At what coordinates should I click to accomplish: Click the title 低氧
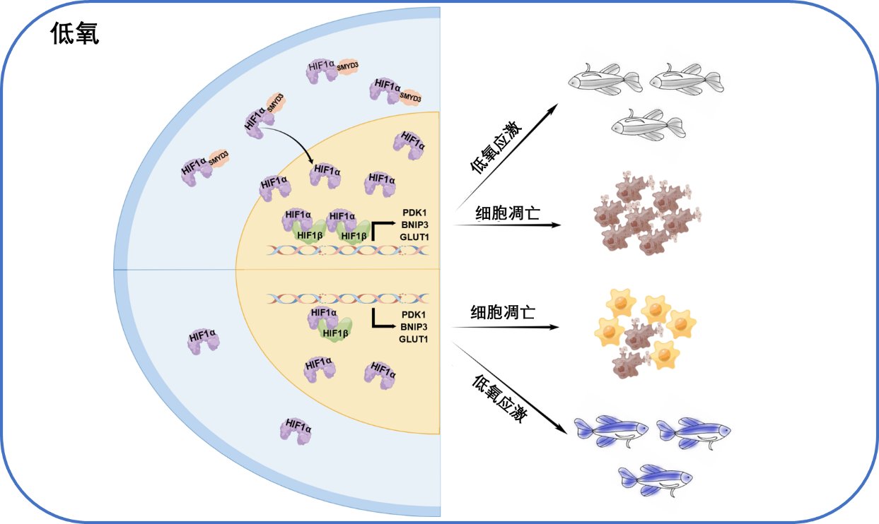[x=75, y=33]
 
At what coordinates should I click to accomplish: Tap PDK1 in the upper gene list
[x=414, y=213]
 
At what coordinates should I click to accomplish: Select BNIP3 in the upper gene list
[x=415, y=225]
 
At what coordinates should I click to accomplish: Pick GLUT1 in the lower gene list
[x=413, y=339]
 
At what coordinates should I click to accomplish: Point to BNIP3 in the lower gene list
[x=414, y=327]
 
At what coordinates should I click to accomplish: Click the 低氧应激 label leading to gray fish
[x=496, y=147]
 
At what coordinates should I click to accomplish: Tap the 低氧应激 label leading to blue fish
[x=499, y=398]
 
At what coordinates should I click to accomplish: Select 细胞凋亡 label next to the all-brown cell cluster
[x=508, y=213]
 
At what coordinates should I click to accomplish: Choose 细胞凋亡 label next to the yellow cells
[x=503, y=312]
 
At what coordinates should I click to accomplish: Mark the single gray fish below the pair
[x=648, y=124]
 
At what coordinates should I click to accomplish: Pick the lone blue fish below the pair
[x=656, y=480]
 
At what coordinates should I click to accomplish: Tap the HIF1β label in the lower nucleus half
[x=335, y=333]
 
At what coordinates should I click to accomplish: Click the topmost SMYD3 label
[x=348, y=66]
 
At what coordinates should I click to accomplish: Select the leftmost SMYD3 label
[x=219, y=157]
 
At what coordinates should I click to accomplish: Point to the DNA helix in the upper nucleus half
[x=348, y=251]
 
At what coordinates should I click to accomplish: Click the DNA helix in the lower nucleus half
[x=348, y=299]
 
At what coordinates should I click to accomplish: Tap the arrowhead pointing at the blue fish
[x=562, y=429]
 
